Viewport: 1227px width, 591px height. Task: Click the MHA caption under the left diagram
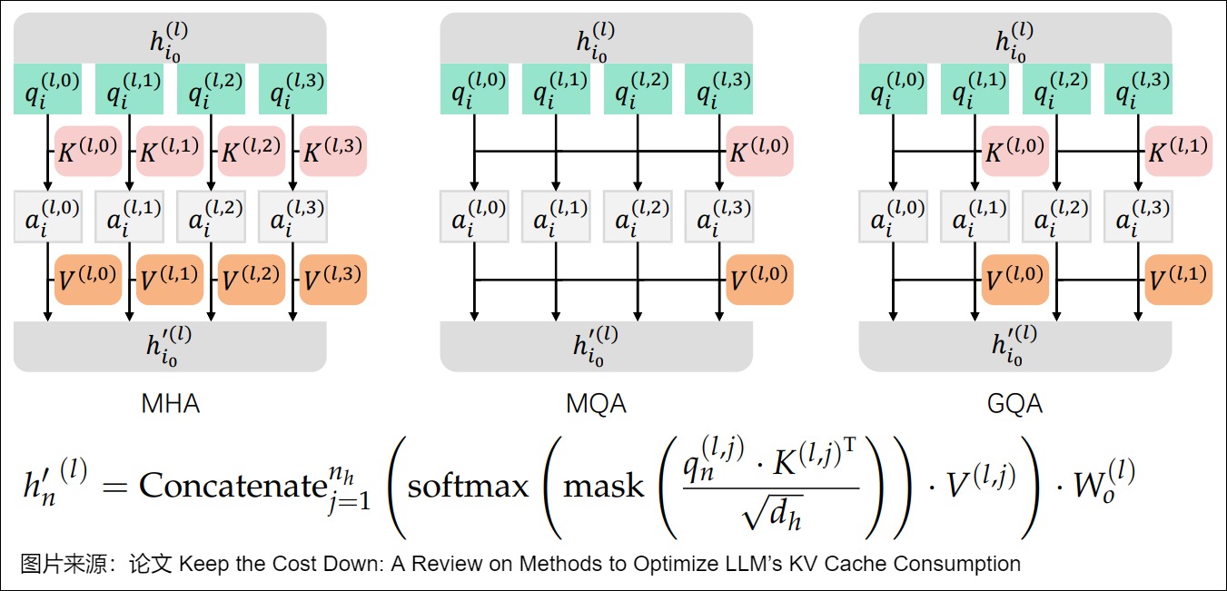pos(170,403)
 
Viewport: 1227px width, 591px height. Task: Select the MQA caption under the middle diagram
pos(596,403)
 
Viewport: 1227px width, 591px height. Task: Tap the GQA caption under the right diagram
pos(1014,403)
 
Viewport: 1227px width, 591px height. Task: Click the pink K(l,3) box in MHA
pos(332,151)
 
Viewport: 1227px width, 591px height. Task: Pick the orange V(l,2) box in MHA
pos(251,280)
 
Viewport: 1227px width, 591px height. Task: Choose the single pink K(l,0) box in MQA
pos(759,151)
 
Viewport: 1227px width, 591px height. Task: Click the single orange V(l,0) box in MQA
pos(759,280)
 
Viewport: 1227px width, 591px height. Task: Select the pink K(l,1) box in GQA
pos(1178,151)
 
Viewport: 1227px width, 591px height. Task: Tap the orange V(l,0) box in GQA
pos(1014,280)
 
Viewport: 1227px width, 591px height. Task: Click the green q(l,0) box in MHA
pos(47,89)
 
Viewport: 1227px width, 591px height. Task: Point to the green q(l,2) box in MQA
pos(638,89)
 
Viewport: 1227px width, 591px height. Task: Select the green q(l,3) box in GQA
pos(1139,89)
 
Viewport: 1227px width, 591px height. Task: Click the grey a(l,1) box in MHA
pos(129,216)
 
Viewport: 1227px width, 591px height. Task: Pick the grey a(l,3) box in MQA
pos(719,216)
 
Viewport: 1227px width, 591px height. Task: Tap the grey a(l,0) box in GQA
pos(893,216)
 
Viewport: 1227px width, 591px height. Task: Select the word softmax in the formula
pos(468,486)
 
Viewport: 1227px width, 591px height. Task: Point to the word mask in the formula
pos(603,486)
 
